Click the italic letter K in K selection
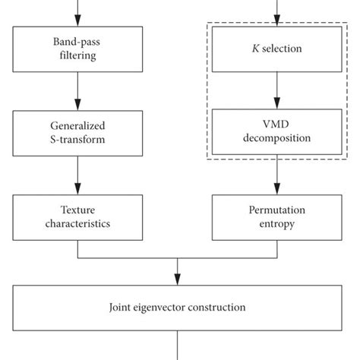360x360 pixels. tap(256, 50)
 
